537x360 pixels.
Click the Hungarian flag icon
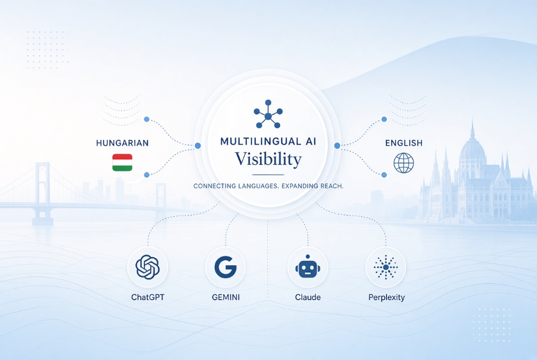122,162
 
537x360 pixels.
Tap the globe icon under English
403,162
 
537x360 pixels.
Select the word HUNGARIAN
122,143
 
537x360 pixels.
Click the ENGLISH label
404,143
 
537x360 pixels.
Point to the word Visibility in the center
268,159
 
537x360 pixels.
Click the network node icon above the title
268,114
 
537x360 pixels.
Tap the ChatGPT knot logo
148,267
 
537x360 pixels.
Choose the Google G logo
225,267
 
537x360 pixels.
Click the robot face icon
307,267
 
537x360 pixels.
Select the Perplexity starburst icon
386,267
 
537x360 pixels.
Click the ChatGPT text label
148,297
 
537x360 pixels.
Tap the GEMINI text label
226,297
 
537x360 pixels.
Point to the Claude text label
308,297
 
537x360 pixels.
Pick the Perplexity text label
387,297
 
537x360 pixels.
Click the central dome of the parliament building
472,147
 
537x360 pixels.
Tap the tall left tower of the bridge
42,192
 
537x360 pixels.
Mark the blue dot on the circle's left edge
198,146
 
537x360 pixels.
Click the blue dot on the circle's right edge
337,146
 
